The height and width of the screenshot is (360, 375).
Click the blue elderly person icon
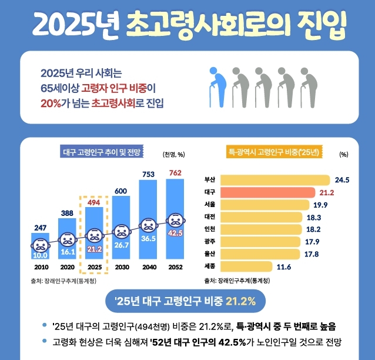[x=218, y=88]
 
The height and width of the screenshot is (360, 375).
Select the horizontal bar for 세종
[x=247, y=266]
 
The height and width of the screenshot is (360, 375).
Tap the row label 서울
[x=209, y=205]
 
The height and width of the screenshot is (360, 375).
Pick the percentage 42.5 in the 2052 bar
[x=175, y=233]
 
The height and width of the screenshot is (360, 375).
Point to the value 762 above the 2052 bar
[x=175, y=173]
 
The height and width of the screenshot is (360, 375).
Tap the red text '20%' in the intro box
[x=51, y=104]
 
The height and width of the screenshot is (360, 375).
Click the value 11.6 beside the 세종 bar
[x=284, y=267]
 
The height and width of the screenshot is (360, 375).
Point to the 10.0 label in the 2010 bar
[x=40, y=255]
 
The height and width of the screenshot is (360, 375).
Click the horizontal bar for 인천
[x=264, y=229]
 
